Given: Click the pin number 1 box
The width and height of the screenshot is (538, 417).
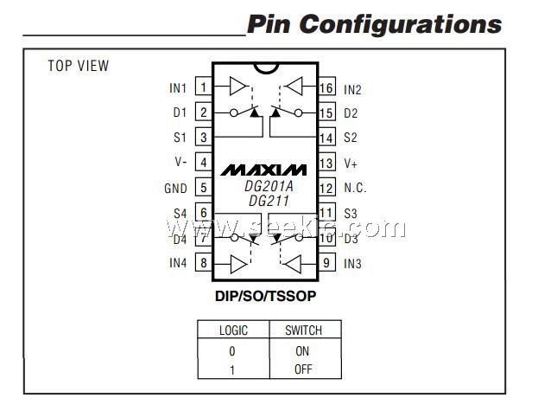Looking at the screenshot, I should click(203, 87).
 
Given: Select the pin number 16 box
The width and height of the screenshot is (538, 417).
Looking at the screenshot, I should click(326, 87).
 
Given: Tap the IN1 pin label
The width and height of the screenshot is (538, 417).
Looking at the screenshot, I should click(178, 87).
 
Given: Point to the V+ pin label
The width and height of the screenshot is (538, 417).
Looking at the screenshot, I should click(351, 163).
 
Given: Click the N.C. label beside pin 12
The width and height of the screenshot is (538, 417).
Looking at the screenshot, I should click(355, 188).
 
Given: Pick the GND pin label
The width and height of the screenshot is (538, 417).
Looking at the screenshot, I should click(175, 188).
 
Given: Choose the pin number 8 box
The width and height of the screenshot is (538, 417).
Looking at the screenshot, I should click(203, 263).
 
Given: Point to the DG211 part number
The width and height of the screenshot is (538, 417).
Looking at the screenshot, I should click(268, 201).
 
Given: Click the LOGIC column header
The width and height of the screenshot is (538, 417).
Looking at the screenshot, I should click(232, 330).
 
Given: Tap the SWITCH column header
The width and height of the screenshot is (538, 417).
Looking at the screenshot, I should click(303, 330).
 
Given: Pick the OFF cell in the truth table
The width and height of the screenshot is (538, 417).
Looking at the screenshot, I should click(302, 369).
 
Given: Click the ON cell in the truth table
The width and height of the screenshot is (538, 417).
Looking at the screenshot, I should click(302, 351).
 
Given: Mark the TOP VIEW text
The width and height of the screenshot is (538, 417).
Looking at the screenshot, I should click(79, 66).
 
